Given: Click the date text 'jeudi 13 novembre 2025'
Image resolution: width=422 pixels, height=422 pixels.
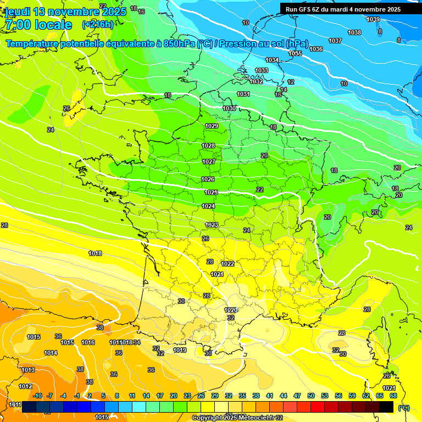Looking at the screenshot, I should pos(65,12).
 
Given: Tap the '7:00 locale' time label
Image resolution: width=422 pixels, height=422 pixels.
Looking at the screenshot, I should pos(38,25).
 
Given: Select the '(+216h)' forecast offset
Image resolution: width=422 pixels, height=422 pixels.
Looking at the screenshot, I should pos(97,25).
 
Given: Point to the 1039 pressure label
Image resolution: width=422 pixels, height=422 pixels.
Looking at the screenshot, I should pos(373,19).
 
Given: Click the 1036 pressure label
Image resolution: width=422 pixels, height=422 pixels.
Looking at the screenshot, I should pos(316,49).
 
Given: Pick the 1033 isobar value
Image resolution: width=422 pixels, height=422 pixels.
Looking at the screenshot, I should pos(262,70).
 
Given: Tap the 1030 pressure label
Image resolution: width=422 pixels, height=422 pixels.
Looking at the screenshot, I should pos(229,108).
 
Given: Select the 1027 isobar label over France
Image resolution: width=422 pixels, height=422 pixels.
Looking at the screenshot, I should pos(208,162).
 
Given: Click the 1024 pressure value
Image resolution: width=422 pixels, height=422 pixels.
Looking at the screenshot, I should pos(208,206).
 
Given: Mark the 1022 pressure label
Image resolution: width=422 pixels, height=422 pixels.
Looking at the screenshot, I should pos(227,264).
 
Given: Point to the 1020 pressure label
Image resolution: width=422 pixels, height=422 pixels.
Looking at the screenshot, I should pos(231,310).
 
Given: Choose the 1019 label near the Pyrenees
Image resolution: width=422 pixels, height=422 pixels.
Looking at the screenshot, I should pos(180,350).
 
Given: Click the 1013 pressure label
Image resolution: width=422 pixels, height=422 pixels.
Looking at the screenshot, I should pos(28,370).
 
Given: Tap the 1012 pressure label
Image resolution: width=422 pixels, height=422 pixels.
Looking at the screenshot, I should pos(25,386).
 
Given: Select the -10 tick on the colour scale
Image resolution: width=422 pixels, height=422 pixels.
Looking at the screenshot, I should pos(37,396).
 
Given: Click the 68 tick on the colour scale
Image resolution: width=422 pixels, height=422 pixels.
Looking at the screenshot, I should pos(393,396).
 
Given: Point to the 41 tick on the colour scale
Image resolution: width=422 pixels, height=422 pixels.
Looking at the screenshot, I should pos(269,396).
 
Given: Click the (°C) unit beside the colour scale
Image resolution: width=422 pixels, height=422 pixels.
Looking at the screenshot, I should pos(404,408).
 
